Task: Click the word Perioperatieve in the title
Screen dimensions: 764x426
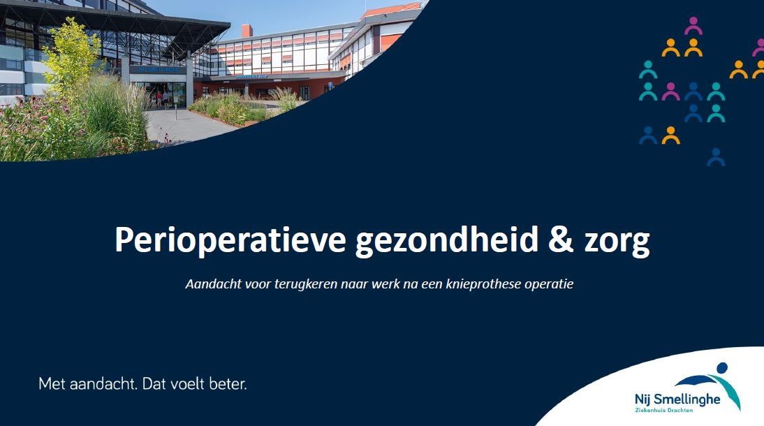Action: pyautogui.click(x=230, y=240)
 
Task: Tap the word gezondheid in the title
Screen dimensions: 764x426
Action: pyautogui.click(x=447, y=240)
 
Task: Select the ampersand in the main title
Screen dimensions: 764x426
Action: pyautogui.click(x=561, y=239)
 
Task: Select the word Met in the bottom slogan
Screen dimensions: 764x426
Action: pyautogui.click(x=52, y=383)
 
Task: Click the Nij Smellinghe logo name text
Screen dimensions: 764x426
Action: pyautogui.click(x=677, y=399)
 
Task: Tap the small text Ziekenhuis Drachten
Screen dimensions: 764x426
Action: pyautogui.click(x=663, y=411)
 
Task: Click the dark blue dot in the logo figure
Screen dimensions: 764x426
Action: pyautogui.click(x=722, y=367)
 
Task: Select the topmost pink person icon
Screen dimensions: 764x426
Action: pyautogui.click(x=693, y=26)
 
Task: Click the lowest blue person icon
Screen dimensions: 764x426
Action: pyautogui.click(x=716, y=157)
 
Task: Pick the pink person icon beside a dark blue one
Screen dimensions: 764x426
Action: pyautogui.click(x=670, y=91)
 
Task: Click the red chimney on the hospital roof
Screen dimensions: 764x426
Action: pyautogui.click(x=247, y=31)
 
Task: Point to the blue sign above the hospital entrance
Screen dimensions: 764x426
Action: pyautogui.click(x=158, y=70)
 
